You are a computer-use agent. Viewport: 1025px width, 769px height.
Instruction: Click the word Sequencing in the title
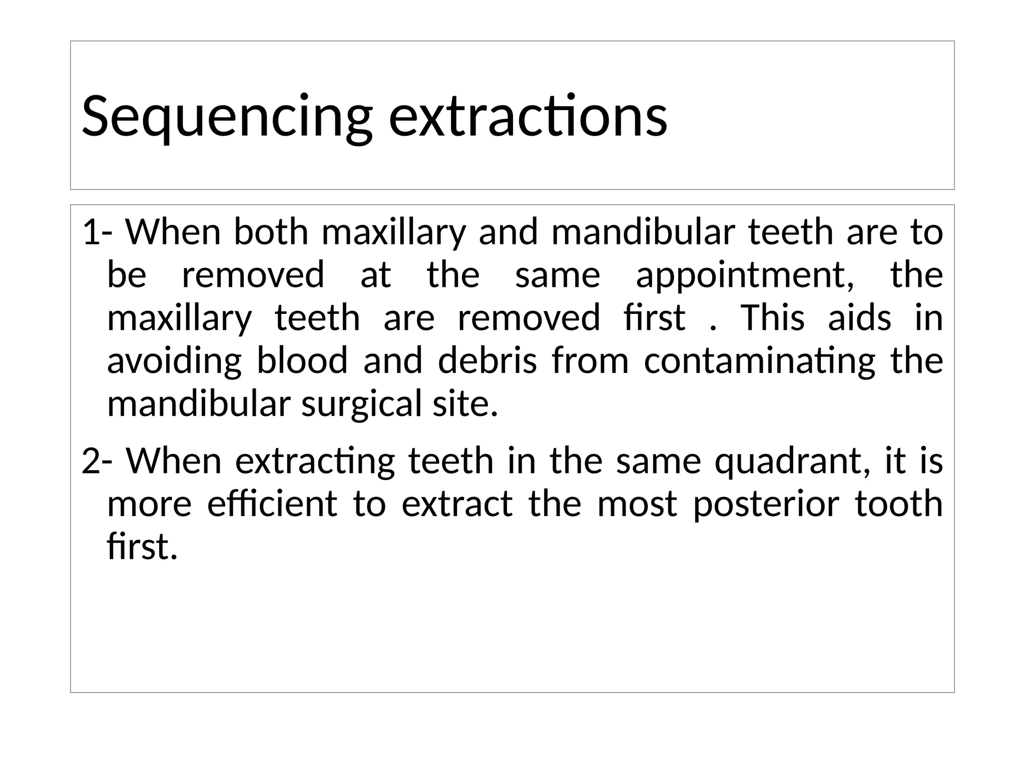(227, 116)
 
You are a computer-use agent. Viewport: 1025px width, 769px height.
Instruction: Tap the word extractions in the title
(528, 116)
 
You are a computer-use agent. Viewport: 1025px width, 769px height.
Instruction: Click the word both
(271, 232)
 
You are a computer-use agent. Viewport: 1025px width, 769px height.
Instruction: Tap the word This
(772, 318)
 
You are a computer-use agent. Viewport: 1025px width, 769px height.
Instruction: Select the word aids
(859, 318)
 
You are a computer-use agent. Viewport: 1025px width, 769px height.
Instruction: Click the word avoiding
(174, 361)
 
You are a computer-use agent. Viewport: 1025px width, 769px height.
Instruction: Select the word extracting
(315, 462)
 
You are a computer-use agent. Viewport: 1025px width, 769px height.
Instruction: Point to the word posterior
(766, 505)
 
